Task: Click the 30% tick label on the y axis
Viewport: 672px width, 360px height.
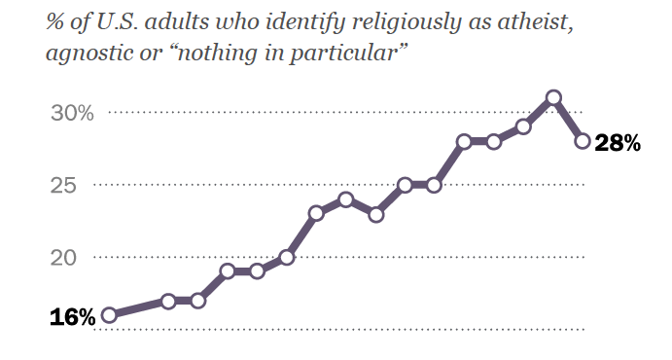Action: (72, 113)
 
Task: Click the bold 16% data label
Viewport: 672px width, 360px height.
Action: (72, 316)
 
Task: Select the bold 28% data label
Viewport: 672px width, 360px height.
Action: (618, 143)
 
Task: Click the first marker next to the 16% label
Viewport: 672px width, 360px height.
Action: (109, 314)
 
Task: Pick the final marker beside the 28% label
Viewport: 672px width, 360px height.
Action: (583, 141)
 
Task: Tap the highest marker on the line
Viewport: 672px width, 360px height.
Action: (553, 97)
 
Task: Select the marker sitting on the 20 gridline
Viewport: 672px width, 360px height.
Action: (286, 258)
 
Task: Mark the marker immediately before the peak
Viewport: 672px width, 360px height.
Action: (523, 126)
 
